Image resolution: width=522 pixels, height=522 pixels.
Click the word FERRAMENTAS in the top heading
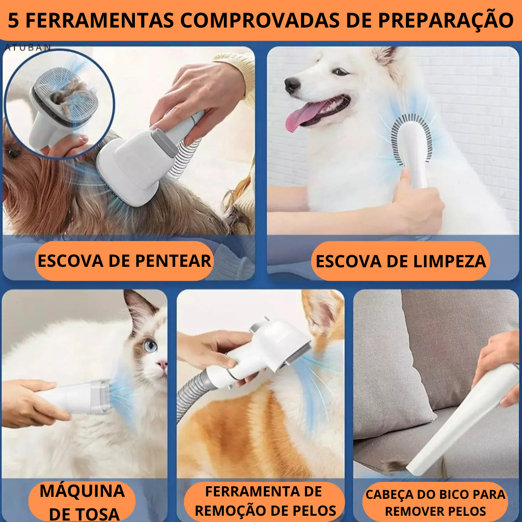click(100, 21)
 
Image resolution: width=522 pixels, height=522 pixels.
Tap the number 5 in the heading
click(14, 21)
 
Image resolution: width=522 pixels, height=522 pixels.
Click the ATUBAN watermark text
click(28, 47)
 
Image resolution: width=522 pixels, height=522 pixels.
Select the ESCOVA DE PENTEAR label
click(124, 261)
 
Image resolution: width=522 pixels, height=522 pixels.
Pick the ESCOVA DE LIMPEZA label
click(401, 261)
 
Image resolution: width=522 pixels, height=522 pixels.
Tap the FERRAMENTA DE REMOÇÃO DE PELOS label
click(264, 501)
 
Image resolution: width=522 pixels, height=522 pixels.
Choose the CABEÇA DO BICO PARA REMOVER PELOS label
click(435, 503)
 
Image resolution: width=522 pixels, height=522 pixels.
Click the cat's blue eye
click(151, 346)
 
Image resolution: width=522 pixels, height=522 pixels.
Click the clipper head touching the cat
click(100, 397)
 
